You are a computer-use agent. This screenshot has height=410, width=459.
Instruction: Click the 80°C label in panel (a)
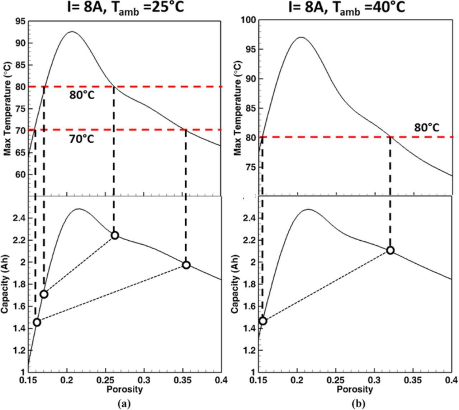82,95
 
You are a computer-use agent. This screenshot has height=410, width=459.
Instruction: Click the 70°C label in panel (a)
82,139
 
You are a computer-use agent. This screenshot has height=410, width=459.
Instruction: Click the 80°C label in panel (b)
427,128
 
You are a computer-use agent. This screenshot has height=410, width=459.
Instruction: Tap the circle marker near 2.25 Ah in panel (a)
115,235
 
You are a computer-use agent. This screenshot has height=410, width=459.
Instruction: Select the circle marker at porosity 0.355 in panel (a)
186,265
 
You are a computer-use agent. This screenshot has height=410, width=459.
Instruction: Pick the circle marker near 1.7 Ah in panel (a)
44,294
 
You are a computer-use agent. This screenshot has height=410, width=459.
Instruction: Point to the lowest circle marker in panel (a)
37,322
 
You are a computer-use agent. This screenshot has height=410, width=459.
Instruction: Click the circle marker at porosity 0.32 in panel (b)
390,250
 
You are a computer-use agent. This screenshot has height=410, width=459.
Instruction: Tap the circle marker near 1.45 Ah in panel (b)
263,321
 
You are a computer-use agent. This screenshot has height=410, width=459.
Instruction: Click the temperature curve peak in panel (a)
72,32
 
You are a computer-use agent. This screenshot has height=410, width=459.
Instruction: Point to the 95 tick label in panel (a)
20,22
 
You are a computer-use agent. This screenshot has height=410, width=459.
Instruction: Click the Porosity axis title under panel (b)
355,389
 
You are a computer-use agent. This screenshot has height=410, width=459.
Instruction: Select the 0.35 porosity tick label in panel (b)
413,380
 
